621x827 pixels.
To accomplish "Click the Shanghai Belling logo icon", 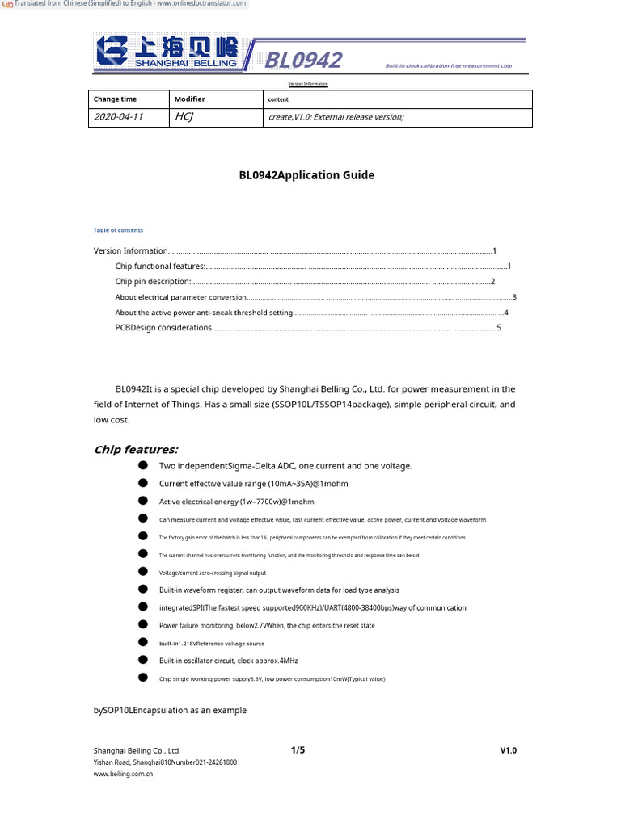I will click(x=113, y=50).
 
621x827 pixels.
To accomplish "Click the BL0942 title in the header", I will click(x=303, y=61).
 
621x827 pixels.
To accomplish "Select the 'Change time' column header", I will click(x=115, y=99).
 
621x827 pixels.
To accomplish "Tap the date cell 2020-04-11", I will click(x=119, y=117).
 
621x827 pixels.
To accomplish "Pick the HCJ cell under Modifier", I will click(x=184, y=117).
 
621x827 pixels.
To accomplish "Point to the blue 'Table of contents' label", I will click(x=118, y=230).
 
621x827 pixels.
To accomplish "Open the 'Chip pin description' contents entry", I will click(x=153, y=282).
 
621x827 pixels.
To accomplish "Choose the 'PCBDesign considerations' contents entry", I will click(x=163, y=328).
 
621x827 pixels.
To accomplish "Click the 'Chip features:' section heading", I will click(x=136, y=450).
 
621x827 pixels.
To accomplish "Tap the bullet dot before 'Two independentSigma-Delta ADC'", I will click(x=143, y=466).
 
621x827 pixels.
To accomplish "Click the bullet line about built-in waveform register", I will click(x=279, y=590).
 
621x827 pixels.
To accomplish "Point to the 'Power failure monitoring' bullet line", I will click(x=267, y=626).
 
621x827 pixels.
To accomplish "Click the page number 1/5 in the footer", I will click(x=298, y=750).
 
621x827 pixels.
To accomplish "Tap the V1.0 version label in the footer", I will click(x=508, y=750).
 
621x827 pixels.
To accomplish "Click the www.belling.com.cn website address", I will click(x=123, y=774).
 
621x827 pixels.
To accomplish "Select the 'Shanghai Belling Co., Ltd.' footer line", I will click(x=137, y=750).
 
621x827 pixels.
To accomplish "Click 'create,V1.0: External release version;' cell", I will click(x=335, y=117).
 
